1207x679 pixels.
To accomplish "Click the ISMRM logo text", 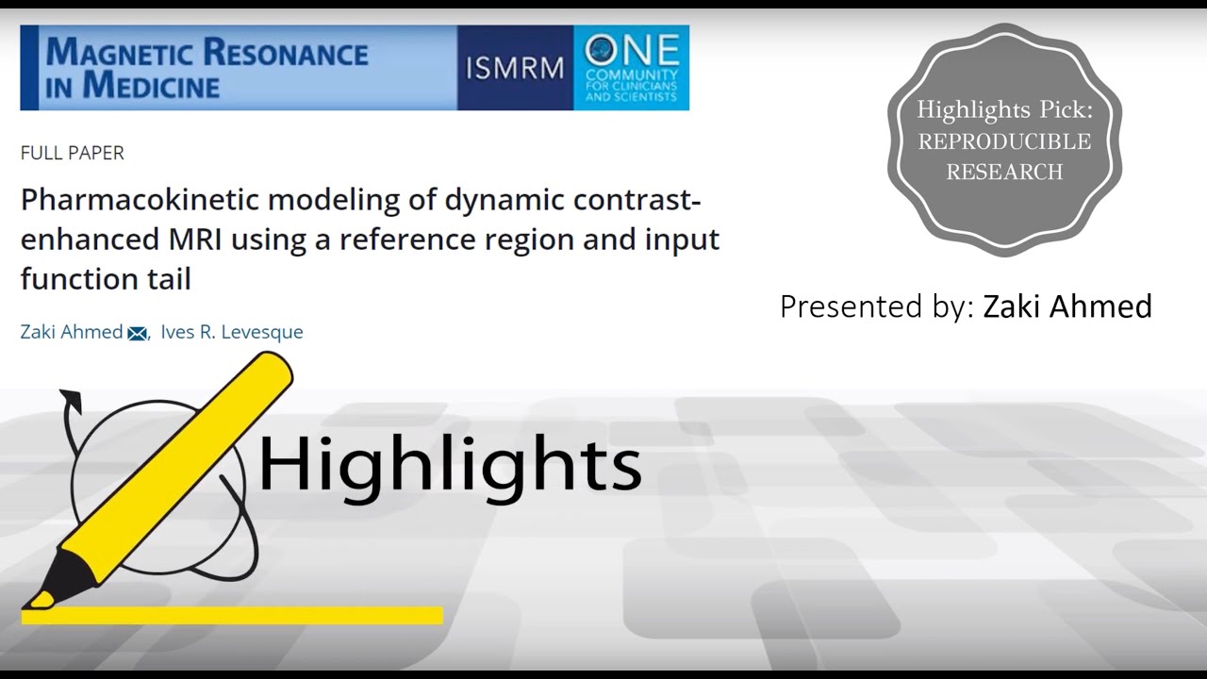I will [x=515, y=68].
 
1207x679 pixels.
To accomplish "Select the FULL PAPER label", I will [x=72, y=153].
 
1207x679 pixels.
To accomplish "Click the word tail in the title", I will [x=171, y=279].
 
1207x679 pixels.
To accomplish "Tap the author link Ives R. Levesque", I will [x=232, y=332].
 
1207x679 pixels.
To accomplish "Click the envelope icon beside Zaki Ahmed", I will [x=138, y=333].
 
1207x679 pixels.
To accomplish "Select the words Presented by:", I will [x=875, y=306].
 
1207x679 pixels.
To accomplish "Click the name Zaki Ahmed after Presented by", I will [x=1067, y=306].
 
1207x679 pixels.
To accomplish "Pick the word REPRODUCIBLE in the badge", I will [x=1004, y=141].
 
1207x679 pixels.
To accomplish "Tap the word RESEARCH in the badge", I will [x=1004, y=172].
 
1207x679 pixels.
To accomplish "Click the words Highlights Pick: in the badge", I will [x=1004, y=110].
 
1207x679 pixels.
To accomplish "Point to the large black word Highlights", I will [x=449, y=464].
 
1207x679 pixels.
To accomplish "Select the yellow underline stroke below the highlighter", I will [x=232, y=616].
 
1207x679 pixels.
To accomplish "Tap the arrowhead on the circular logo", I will [x=72, y=400].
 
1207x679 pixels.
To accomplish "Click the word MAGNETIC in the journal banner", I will [x=118, y=53].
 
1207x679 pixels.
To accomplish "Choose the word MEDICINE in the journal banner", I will [x=151, y=86].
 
